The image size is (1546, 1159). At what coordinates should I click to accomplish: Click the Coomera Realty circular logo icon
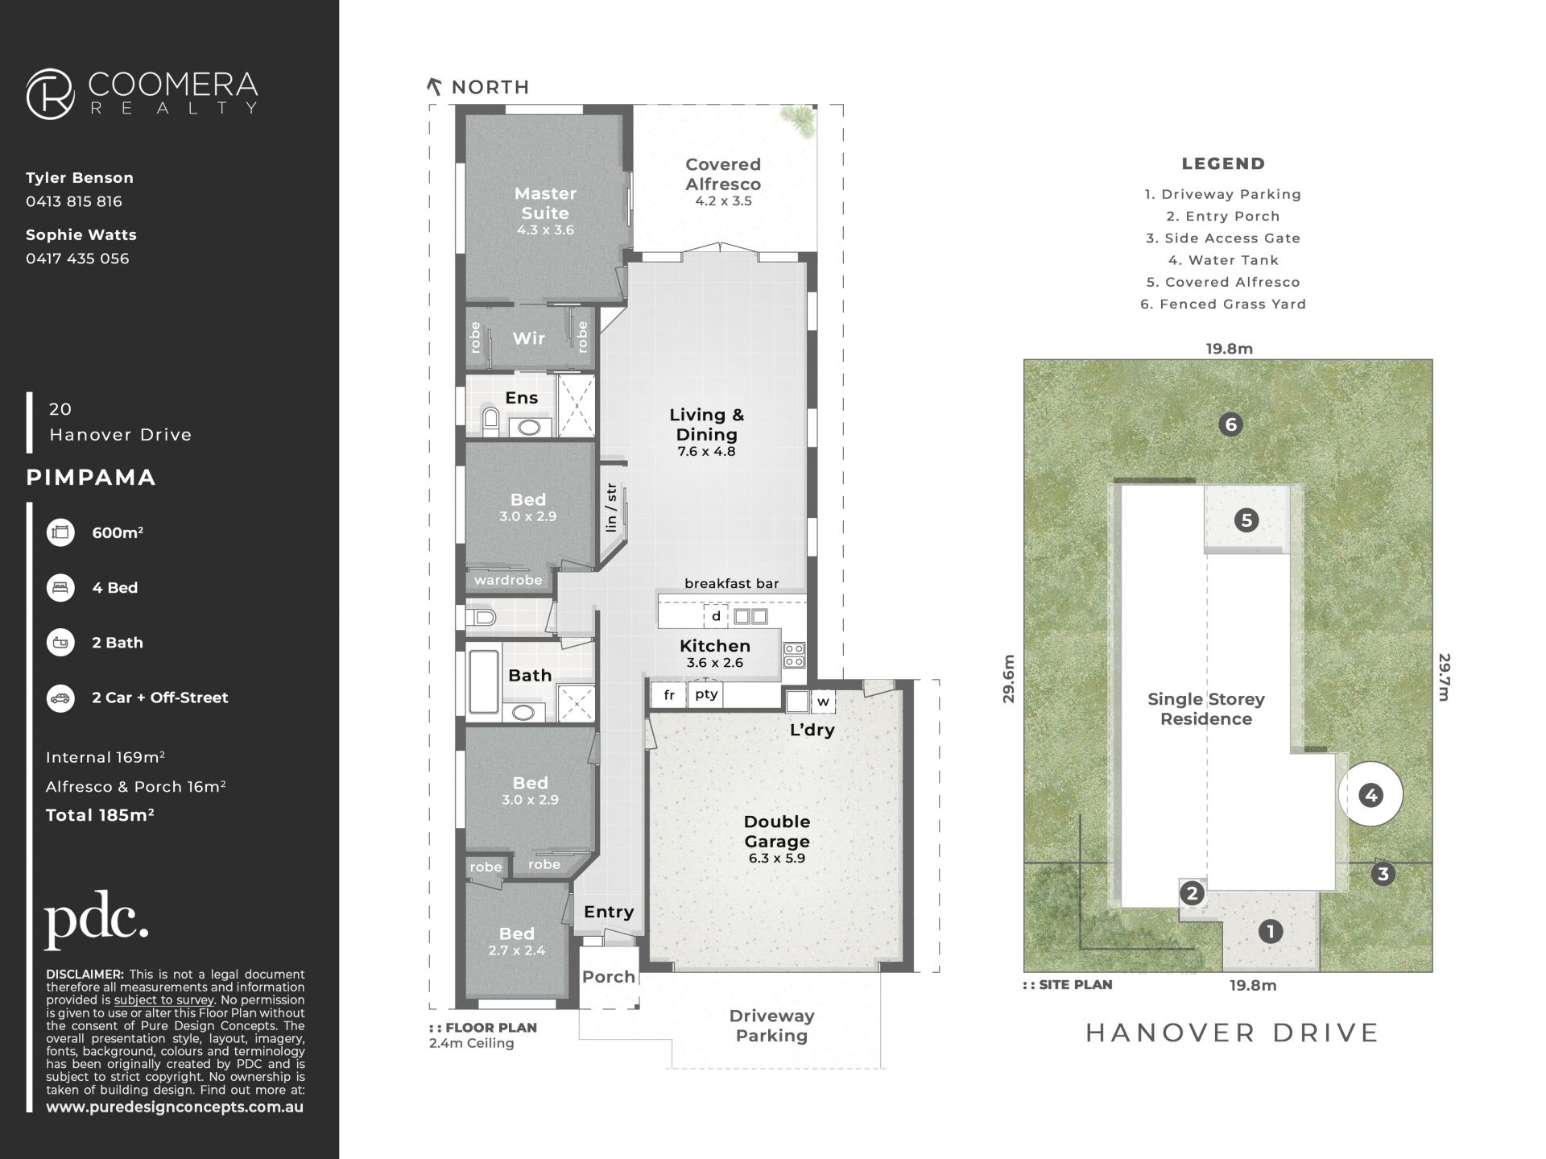coord(51,94)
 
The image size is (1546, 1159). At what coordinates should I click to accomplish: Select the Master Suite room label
coord(545,203)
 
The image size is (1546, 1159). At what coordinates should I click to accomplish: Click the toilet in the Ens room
coord(490,420)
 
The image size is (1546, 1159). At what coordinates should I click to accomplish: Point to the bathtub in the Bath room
coord(483,681)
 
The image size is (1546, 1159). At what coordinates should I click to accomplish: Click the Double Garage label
coord(777,831)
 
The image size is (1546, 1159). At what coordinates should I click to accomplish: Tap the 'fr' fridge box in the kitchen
coord(669,695)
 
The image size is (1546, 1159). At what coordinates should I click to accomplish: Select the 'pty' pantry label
coord(706,694)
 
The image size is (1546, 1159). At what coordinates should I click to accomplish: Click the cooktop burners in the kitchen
coord(794,655)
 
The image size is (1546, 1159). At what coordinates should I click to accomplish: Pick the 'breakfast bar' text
coord(732,583)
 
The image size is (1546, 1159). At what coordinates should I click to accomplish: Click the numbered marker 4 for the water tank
coord(1370,796)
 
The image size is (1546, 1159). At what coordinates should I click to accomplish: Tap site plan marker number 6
coord(1230,424)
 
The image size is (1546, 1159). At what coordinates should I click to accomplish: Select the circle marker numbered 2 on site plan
coord(1192,892)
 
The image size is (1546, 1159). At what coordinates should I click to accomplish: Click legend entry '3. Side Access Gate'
coord(1223,238)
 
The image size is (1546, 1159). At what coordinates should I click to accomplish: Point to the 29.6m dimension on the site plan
coord(1009,679)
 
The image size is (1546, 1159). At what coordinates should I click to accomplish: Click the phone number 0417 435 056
coord(77,259)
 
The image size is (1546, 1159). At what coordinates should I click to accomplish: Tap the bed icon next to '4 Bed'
coord(60,588)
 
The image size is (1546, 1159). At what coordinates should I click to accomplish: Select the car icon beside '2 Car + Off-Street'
coord(60,698)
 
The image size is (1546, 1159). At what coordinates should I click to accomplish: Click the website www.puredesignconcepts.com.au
coord(175,1107)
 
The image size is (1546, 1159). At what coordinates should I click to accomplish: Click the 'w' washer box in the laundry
coord(823,702)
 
